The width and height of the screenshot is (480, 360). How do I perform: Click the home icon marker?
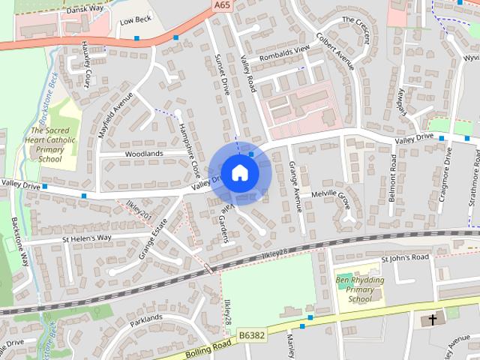pos(239,172)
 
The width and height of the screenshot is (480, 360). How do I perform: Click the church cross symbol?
pos(430,320)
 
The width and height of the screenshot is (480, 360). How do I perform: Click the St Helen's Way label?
pos(86,238)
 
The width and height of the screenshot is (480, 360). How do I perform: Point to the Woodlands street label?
pos(144,154)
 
